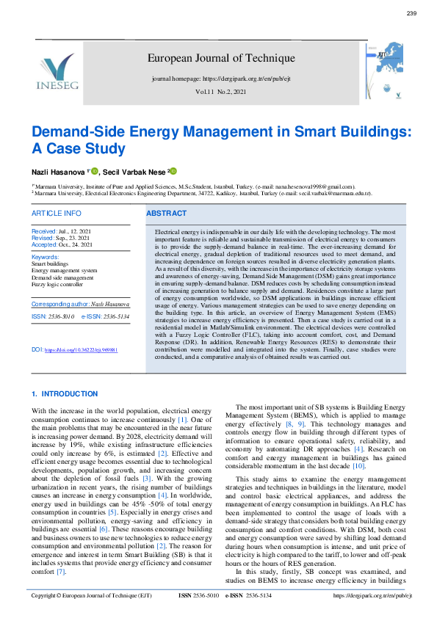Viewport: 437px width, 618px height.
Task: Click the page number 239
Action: pyautogui.click(x=411, y=14)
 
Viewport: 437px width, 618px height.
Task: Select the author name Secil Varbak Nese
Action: pyautogui.click(x=136, y=171)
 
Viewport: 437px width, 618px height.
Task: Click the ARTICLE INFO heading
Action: pyautogui.click(x=57, y=213)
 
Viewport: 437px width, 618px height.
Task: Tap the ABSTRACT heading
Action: pyautogui.click(x=167, y=213)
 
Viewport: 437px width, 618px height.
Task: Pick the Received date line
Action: pyautogui.click(x=62, y=230)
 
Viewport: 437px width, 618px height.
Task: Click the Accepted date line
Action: pyautogui.click(x=62, y=244)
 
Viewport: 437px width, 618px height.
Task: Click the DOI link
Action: pyautogui.click(x=81, y=350)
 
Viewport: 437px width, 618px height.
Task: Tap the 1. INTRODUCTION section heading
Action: pyautogui.click(x=65, y=394)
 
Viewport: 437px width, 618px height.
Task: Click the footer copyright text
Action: pyautogui.click(x=90, y=596)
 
